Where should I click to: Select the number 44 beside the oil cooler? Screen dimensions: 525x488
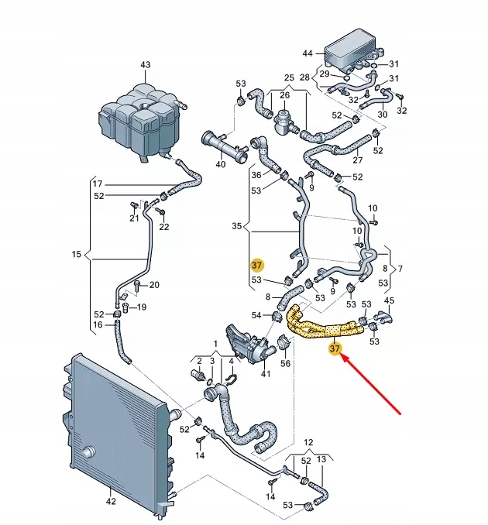click(x=308, y=53)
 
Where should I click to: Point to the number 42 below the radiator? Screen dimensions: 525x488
click(x=110, y=501)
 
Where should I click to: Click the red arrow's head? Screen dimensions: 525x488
click(x=345, y=359)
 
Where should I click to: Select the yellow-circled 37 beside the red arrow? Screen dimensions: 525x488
click(x=335, y=349)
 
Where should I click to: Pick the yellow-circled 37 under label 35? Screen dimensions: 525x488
click(x=258, y=265)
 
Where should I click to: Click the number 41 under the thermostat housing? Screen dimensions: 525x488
click(x=265, y=374)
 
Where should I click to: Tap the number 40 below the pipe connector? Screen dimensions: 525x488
click(x=221, y=164)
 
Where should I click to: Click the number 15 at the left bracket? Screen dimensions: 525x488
click(x=76, y=254)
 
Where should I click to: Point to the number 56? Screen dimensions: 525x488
click(x=285, y=363)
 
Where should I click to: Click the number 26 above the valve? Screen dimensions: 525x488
click(x=284, y=95)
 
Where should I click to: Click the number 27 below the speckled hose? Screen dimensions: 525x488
click(x=357, y=161)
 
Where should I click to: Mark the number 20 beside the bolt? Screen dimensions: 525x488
click(x=154, y=285)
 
